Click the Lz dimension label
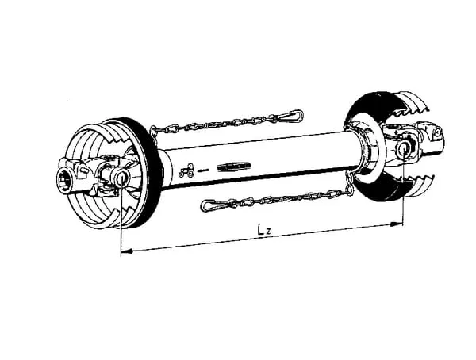click(x=264, y=230)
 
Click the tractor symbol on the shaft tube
click(x=187, y=170)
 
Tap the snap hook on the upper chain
click(x=290, y=116)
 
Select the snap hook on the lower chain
click(x=212, y=205)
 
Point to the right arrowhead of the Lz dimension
click(x=397, y=224)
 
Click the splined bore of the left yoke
click(x=65, y=182)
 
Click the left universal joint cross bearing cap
click(x=121, y=178)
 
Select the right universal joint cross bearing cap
click(x=404, y=149)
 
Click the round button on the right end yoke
click(x=437, y=132)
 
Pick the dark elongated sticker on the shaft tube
click(x=234, y=166)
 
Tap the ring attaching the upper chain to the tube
click(x=154, y=131)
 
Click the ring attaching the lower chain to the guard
click(x=350, y=190)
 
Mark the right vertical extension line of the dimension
click(x=403, y=187)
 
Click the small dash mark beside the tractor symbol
click(x=203, y=170)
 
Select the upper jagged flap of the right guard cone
click(x=410, y=103)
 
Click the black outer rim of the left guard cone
click(x=143, y=170)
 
